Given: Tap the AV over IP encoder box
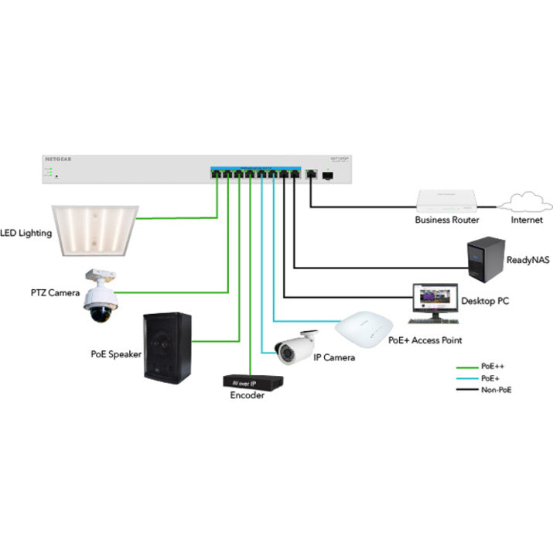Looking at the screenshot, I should (x=252, y=381).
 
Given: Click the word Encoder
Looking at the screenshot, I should (x=247, y=395).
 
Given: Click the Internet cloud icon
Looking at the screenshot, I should (x=525, y=203).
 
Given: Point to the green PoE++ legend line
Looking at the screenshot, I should (x=466, y=368).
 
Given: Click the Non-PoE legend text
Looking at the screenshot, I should (x=497, y=390).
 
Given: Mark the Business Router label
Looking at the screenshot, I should (x=446, y=220).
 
